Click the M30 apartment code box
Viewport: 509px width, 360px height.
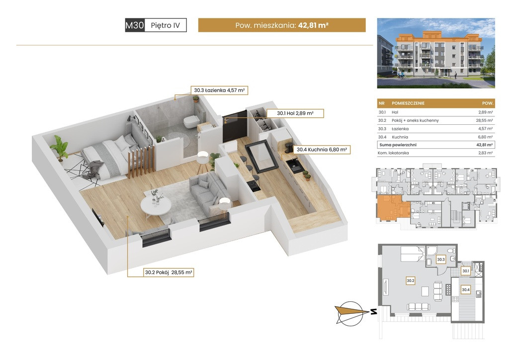pyautogui.click(x=135, y=25)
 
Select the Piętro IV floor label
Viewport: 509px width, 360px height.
pyautogui.click(x=165, y=25)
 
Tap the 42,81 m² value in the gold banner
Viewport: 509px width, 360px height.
pyautogui.click(x=313, y=25)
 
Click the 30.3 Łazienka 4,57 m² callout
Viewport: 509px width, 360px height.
pyautogui.click(x=219, y=90)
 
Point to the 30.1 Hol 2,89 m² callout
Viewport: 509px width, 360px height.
pyautogui.click(x=295, y=113)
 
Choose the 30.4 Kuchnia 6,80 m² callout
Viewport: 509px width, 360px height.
pyautogui.click(x=322, y=150)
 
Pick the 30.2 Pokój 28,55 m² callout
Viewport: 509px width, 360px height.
pyautogui.click(x=169, y=272)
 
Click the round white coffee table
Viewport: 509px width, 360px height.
pyautogui.click(x=156, y=205)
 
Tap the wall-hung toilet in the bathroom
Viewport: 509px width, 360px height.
pyautogui.click(x=192, y=122)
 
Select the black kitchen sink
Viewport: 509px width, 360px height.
pyautogui.click(x=295, y=166)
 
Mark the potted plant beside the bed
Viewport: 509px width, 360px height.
pyautogui.click(x=60, y=148)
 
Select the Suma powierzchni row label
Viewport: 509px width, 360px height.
pyautogui.click(x=398, y=145)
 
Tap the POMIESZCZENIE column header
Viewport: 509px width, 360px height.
pyautogui.click(x=408, y=103)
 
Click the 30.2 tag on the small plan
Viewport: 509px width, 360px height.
pyautogui.click(x=410, y=280)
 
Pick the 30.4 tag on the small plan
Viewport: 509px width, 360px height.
pyautogui.click(x=465, y=289)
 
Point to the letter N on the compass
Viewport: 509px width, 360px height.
pyautogui.click(x=374, y=312)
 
